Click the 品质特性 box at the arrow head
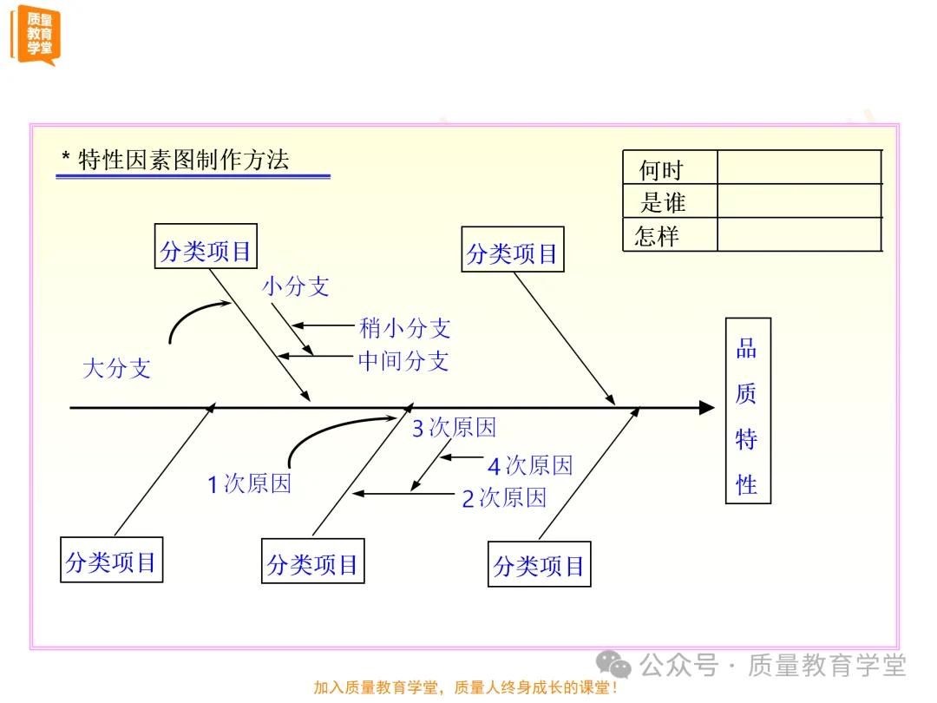[748, 411]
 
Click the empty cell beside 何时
[798, 168]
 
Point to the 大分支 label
[116, 368]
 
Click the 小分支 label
[296, 286]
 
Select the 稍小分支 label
[405, 328]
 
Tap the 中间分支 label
[403, 360]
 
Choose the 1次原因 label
[249, 483]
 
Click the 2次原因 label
[504, 497]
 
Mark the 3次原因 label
[454, 428]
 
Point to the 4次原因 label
[530, 466]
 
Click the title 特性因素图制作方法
[182, 160]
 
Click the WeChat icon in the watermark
[619, 666]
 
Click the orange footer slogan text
[466, 687]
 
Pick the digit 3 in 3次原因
[417, 428]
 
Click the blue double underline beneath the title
[193, 176]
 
